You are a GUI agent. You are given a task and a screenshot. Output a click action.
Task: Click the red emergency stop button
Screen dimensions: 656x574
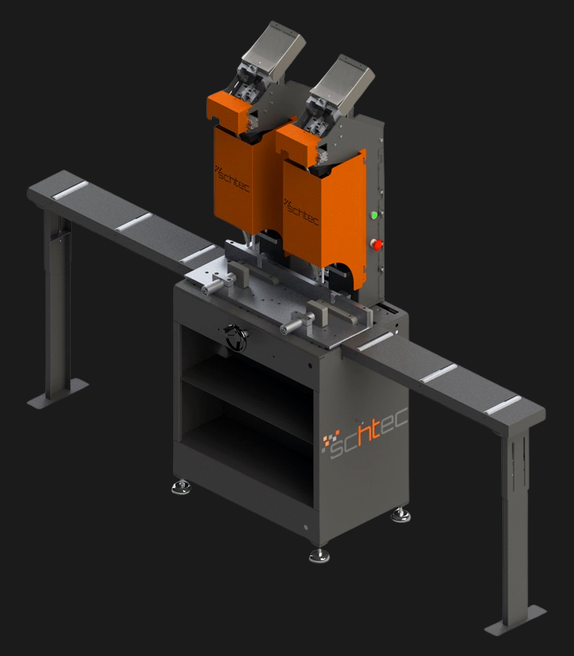coord(377,244)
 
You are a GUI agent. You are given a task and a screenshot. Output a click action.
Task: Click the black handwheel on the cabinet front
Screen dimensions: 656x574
coord(236,338)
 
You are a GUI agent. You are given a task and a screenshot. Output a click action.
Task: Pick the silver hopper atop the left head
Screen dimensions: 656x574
coord(274,50)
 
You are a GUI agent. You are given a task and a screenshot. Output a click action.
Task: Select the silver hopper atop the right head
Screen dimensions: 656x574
coord(343,82)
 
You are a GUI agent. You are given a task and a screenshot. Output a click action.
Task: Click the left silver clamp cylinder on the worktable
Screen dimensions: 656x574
coord(213,286)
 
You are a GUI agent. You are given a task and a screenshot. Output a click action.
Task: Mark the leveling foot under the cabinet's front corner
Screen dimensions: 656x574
coord(319,555)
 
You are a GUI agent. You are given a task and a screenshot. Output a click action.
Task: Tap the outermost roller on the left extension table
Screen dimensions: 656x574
coord(69,190)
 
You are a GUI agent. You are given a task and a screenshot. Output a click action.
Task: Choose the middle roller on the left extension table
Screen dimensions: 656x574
coord(134,222)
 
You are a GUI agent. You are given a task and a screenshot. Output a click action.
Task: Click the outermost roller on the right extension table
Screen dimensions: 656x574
coord(502,405)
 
